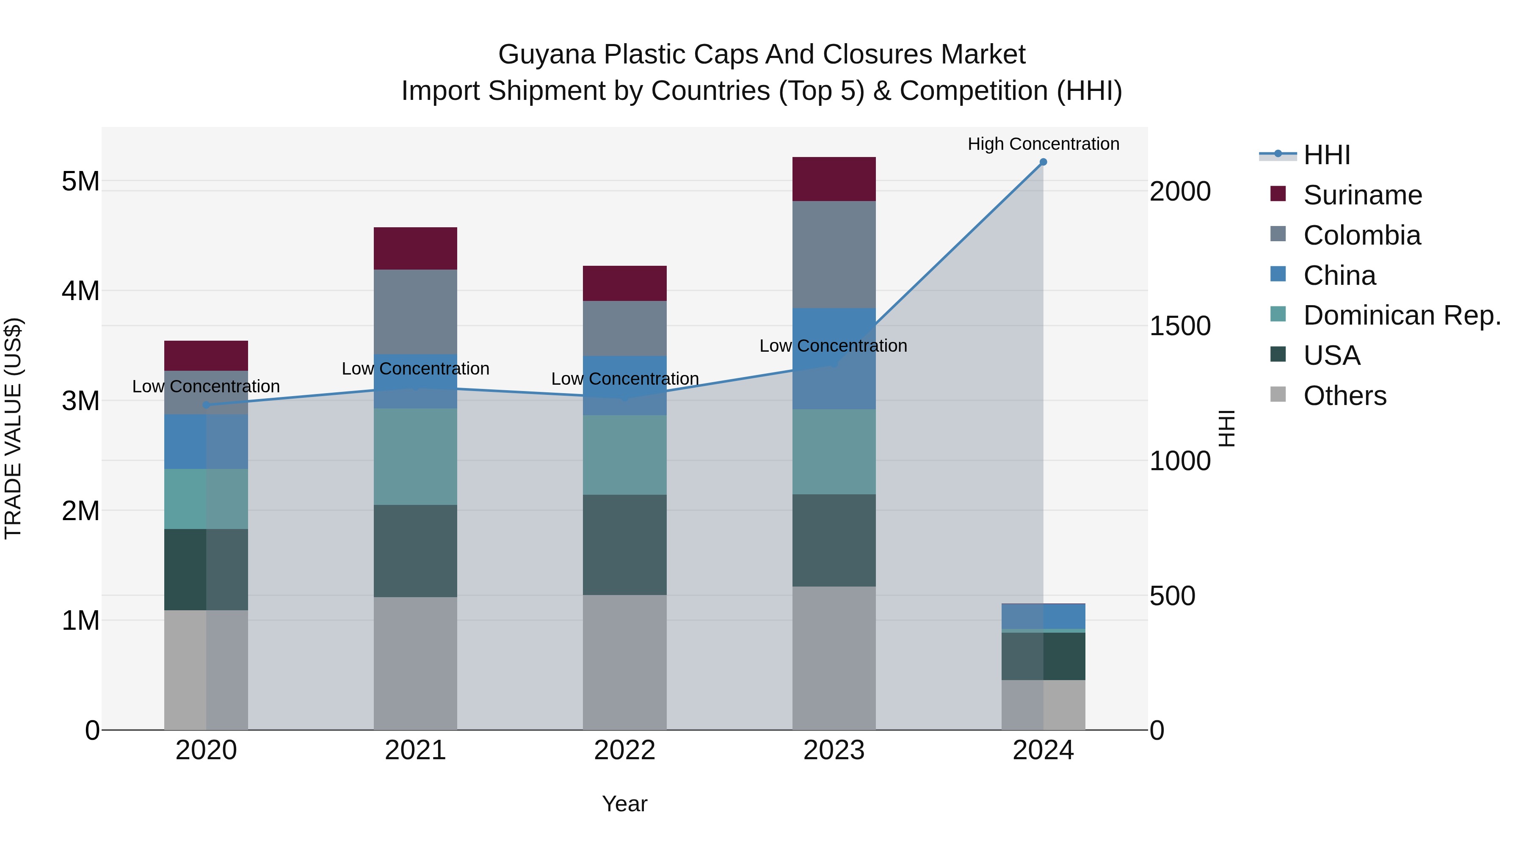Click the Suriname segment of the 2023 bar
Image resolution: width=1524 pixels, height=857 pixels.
click(x=834, y=179)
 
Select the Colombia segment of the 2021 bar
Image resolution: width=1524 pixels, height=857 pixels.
click(x=415, y=311)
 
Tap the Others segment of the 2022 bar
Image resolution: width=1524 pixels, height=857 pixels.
click(x=625, y=662)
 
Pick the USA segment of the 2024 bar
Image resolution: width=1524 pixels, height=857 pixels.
click(x=1043, y=656)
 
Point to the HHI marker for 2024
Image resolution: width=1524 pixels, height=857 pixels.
click(x=1043, y=162)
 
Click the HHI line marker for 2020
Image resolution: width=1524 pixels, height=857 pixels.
click(x=206, y=405)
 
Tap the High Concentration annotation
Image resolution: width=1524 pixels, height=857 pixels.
click(x=1043, y=144)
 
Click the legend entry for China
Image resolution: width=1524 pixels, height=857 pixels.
click(x=1339, y=276)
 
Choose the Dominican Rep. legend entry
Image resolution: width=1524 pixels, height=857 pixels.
click(x=1402, y=315)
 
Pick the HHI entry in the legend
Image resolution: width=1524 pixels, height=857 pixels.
click(x=1326, y=155)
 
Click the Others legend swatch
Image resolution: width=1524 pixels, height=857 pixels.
click(x=1278, y=394)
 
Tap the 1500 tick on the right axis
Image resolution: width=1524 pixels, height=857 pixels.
click(x=1180, y=326)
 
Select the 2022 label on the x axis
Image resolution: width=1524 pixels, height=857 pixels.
click(x=625, y=750)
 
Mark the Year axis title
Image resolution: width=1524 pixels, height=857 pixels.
click(x=625, y=804)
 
